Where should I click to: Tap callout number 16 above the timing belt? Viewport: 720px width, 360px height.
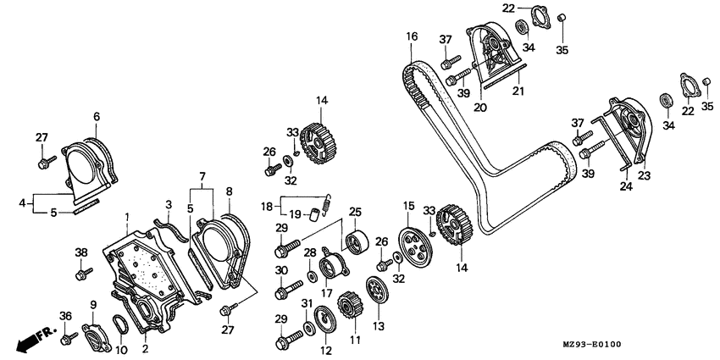point(412,36)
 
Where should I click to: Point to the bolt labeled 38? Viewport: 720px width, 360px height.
point(84,274)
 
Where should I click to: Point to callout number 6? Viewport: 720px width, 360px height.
point(97,116)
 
